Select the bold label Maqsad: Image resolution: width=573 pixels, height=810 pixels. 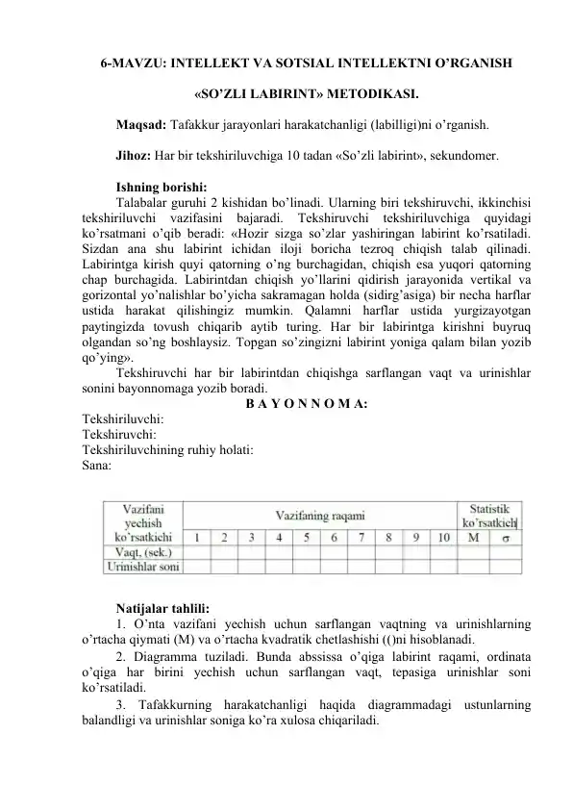coord(140,125)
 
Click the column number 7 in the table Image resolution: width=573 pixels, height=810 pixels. coord(361,537)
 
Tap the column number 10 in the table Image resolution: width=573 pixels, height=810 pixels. coord(442,537)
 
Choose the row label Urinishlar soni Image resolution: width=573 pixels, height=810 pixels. coord(143,568)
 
